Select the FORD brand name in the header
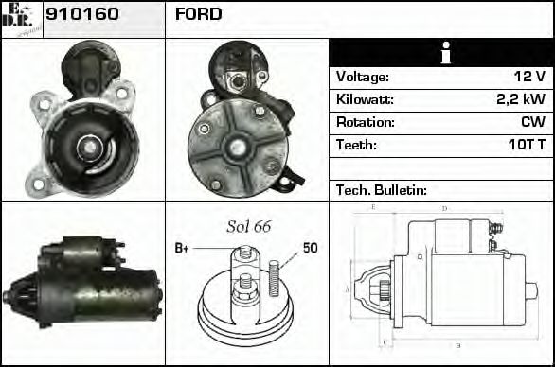(199, 14)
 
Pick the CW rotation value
(532, 122)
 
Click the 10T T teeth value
(524, 145)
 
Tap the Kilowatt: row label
(365, 99)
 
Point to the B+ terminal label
(183, 249)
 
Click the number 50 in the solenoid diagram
(310, 248)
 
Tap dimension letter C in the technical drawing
(383, 341)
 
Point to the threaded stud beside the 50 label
(274, 273)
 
